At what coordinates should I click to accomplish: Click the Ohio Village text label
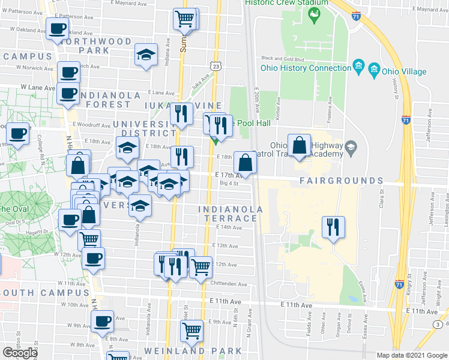(405, 71)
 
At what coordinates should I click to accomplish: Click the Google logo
(20, 353)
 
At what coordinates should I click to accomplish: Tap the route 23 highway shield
(216, 65)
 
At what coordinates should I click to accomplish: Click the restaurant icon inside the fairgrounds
(333, 227)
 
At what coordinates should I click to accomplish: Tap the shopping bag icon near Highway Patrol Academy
(299, 145)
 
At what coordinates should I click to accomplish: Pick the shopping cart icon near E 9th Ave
(191, 330)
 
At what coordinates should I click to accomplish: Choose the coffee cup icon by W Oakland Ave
(58, 28)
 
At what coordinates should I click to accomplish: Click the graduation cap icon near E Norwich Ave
(145, 55)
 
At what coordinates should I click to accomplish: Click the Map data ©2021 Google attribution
(412, 355)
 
